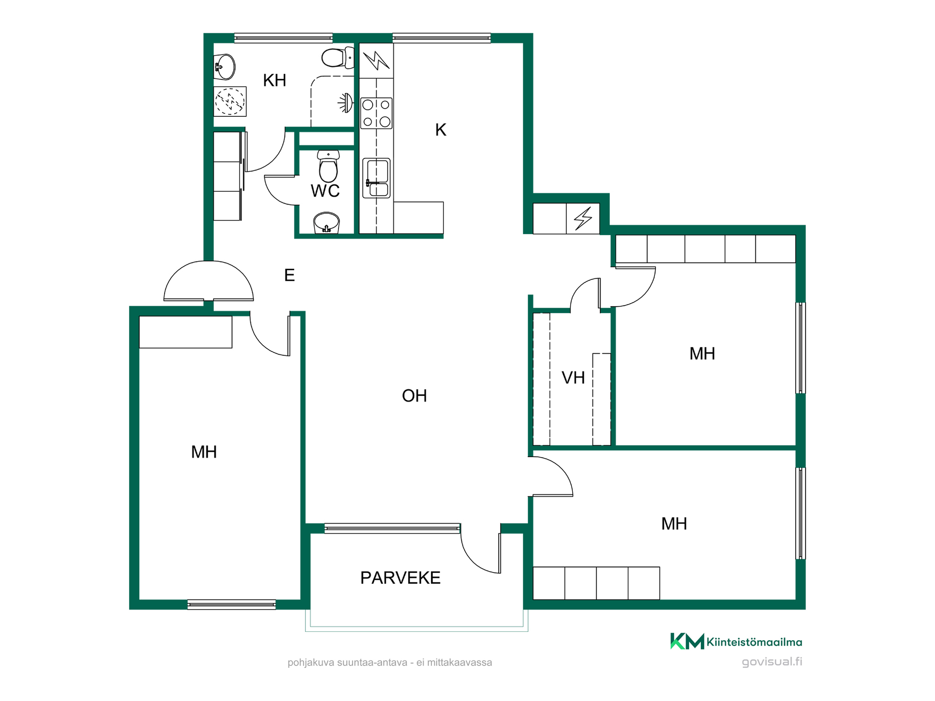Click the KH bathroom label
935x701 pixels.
[x=274, y=80]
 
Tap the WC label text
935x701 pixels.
[x=325, y=191]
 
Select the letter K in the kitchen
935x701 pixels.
[x=441, y=130]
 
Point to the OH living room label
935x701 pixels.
[x=414, y=396]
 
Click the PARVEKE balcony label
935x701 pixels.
[x=400, y=578]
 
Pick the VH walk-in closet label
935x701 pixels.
[x=573, y=378]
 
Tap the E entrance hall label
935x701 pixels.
[x=289, y=275]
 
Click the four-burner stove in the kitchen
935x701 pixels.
[x=376, y=113]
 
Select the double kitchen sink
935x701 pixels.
[x=376, y=178]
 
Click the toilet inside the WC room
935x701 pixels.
[x=328, y=166]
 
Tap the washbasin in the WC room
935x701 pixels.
[x=326, y=223]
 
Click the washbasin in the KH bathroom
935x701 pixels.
[x=224, y=67]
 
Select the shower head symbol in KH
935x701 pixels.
[x=346, y=103]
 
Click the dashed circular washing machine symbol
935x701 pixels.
[x=230, y=101]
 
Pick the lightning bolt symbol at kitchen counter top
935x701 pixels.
[x=376, y=60]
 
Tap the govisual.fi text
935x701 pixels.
[x=772, y=662]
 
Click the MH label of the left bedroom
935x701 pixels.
[x=204, y=452]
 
